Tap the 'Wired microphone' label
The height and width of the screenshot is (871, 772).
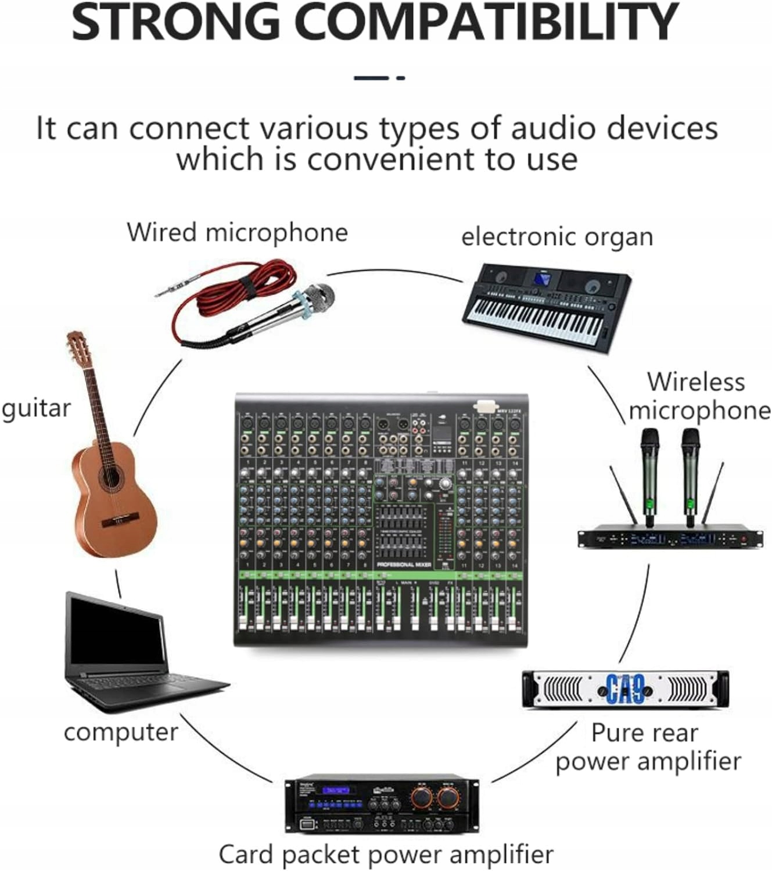[x=237, y=232]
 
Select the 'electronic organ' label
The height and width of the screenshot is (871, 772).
[x=557, y=237]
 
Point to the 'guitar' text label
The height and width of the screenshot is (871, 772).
[x=36, y=409]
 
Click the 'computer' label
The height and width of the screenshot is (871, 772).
[x=121, y=732]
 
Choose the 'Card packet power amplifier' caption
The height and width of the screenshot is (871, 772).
[x=386, y=854]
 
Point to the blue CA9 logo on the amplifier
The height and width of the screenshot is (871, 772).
[x=624, y=689]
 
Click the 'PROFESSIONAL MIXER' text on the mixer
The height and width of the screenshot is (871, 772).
[x=404, y=564]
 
